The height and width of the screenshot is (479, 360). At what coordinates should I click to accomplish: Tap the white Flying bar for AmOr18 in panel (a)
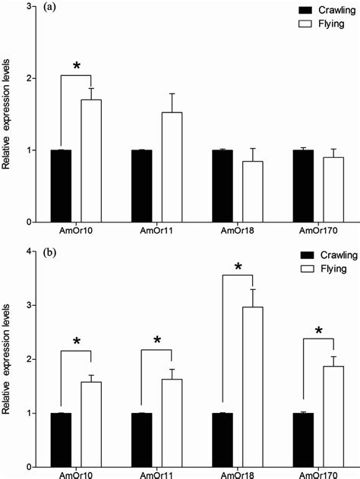coord(242,191)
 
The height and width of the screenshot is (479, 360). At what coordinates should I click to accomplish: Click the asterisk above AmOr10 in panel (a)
coord(76,67)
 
